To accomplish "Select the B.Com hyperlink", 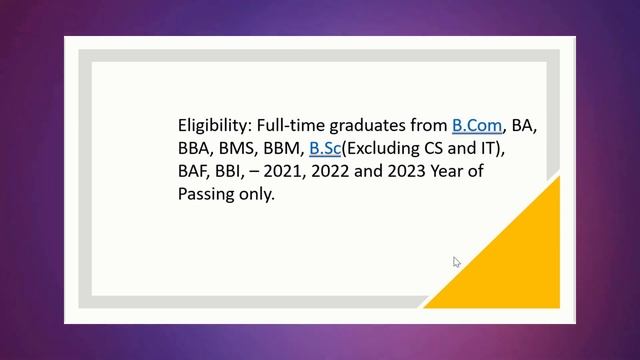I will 476,126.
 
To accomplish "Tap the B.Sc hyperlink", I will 325,149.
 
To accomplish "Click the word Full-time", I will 289,126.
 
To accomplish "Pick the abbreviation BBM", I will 282,149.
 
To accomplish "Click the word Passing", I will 206,195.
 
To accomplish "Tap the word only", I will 256,195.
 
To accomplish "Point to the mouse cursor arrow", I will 457,262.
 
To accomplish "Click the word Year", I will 453,172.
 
